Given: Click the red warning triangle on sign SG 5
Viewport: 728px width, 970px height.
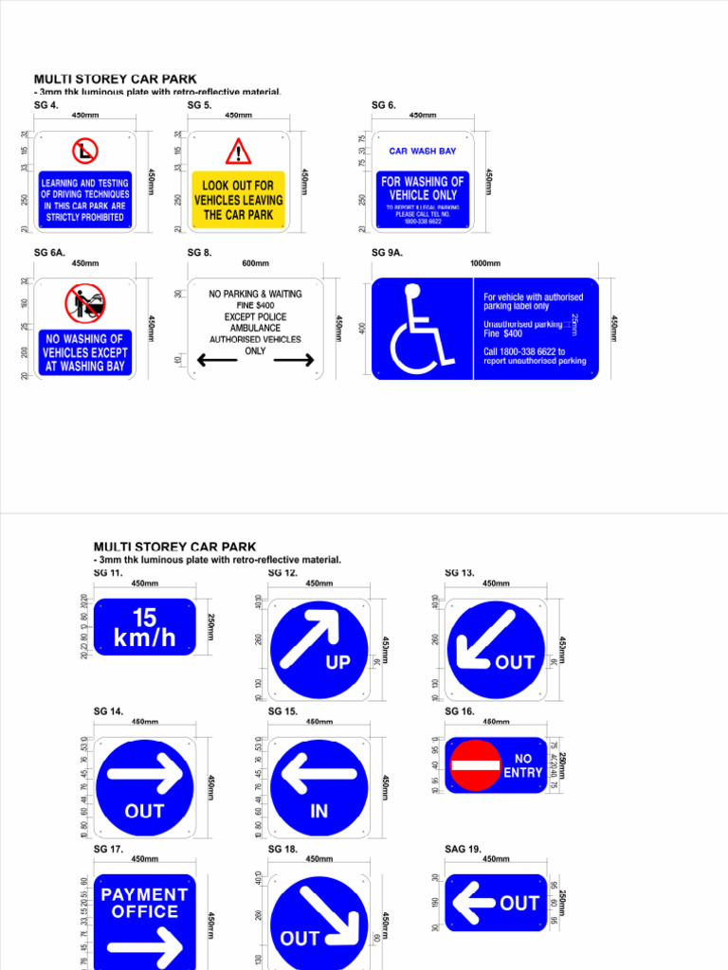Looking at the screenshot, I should (238, 152).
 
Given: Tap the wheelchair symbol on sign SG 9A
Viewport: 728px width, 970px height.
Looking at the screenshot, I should (416, 330).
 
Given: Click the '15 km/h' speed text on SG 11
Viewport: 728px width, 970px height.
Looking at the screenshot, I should (144, 628).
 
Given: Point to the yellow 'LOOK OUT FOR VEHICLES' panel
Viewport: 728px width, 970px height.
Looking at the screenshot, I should (238, 201).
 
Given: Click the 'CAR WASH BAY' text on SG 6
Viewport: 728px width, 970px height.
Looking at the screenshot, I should (422, 151).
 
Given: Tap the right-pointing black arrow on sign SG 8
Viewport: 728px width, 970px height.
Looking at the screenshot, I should (294, 360).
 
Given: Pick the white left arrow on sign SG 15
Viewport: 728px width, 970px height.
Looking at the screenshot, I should (318, 774).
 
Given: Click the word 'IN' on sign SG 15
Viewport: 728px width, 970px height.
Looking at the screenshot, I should (318, 812).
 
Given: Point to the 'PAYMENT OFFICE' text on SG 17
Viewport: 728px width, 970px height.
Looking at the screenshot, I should (144, 903).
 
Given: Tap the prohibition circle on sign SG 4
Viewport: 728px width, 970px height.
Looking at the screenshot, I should (85, 151).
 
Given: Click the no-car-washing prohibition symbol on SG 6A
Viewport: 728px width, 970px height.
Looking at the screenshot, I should (84, 303).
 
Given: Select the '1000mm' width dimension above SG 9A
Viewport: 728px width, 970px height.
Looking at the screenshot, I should (485, 263).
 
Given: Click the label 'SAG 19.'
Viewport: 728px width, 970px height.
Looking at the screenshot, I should (463, 850).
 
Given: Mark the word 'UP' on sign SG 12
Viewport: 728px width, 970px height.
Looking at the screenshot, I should (337, 663).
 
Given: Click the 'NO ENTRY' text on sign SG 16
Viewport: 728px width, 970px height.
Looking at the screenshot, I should (523, 765).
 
